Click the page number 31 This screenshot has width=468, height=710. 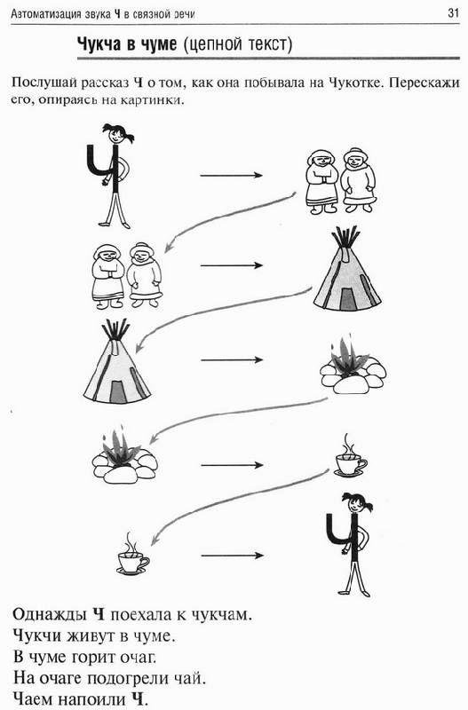point(454,13)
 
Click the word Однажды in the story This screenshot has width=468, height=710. point(50,614)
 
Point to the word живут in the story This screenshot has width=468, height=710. point(91,635)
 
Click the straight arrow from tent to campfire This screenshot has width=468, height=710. point(232,360)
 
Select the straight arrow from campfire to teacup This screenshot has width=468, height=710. point(232,465)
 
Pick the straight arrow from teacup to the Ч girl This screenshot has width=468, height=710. point(232,556)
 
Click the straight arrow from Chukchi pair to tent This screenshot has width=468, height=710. point(232,265)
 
